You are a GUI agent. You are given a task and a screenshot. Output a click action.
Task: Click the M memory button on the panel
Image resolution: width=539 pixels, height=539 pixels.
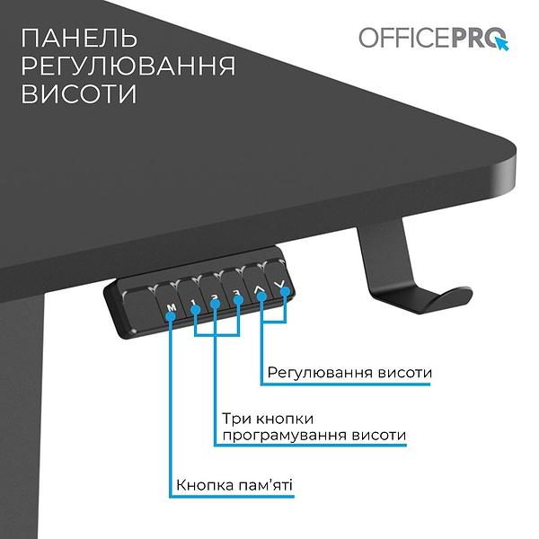coord(172,309)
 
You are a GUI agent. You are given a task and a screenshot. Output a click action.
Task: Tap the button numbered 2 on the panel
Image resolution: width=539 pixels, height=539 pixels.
coord(216,300)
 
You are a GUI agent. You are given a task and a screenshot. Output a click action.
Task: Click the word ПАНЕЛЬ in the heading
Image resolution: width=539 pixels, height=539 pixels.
coord(78,40)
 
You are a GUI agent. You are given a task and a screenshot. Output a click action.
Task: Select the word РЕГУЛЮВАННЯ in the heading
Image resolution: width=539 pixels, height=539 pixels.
coord(128,66)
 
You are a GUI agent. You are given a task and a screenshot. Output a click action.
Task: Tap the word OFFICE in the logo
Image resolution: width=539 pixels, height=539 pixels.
coord(399,38)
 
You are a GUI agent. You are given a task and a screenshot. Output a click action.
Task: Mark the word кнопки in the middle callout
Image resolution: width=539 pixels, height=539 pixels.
coord(282,419)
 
